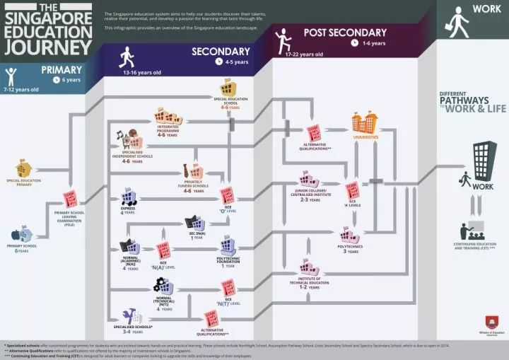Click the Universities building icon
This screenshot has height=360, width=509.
(365, 122)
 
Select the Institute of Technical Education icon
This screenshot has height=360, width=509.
(308, 267)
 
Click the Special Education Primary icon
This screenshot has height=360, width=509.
(24, 168)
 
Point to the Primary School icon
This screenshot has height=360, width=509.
(24, 233)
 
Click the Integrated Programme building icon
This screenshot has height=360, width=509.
(168, 116)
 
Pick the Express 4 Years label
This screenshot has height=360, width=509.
(129, 211)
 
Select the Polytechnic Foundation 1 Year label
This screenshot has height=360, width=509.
(228, 263)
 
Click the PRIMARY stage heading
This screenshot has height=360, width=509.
(62, 69)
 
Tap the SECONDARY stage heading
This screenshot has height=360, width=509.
(221, 52)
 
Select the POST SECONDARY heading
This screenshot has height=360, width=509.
(345, 33)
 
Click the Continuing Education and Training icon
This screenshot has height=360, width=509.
(473, 231)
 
